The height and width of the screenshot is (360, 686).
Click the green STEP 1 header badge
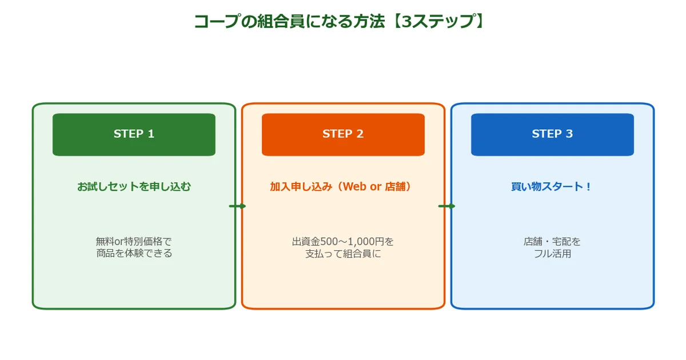(134, 135)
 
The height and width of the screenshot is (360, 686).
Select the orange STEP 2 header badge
(343, 135)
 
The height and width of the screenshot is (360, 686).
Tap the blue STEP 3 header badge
(552, 135)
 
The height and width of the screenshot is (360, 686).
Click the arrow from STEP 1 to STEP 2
(237, 206)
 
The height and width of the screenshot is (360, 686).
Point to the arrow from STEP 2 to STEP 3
(446, 206)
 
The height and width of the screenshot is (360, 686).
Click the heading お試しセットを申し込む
(134, 186)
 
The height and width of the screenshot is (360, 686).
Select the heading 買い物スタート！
(552, 186)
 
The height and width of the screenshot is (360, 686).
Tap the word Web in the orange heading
(354, 186)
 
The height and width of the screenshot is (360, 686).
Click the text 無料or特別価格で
(134, 241)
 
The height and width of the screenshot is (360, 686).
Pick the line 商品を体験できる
(134, 253)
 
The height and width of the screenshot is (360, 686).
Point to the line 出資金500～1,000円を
(343, 241)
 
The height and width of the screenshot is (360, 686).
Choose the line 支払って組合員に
(343, 253)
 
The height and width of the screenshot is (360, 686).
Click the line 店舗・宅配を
(552, 241)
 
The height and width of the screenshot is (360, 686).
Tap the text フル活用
(552, 253)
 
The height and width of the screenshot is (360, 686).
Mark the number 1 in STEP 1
(151, 134)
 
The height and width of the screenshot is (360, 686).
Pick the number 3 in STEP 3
(569, 134)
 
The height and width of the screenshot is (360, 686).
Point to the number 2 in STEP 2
(360, 134)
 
